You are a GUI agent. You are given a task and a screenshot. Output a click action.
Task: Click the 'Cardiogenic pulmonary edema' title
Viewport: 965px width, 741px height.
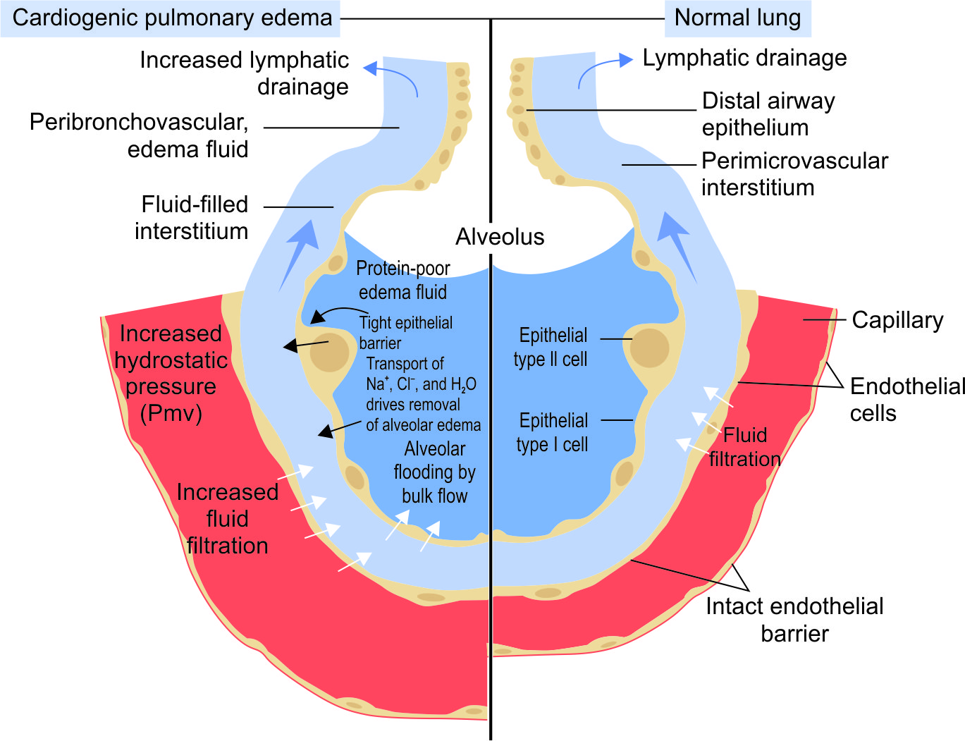(172, 18)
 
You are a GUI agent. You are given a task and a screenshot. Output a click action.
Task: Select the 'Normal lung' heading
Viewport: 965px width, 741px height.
(737, 18)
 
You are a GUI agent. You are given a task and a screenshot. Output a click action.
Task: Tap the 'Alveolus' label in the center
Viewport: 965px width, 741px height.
(500, 237)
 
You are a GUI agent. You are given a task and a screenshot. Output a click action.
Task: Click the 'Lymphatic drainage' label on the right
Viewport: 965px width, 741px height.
(744, 58)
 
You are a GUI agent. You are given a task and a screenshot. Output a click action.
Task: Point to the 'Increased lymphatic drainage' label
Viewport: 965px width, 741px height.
(244, 73)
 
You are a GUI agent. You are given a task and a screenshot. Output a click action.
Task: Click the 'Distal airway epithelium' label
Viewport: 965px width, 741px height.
(768, 114)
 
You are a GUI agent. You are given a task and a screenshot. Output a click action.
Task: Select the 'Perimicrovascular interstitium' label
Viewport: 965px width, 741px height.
(794, 174)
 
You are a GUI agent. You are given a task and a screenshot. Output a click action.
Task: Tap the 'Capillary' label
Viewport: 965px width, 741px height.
(897, 320)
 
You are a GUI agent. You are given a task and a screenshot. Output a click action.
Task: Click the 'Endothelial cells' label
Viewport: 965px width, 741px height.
(906, 399)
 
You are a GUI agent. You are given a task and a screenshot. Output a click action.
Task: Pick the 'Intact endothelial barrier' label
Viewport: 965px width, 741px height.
(794, 620)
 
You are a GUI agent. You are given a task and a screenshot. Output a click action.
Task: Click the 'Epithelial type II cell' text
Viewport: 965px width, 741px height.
(551, 347)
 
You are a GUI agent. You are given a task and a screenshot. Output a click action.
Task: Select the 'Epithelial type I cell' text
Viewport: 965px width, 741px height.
(553, 432)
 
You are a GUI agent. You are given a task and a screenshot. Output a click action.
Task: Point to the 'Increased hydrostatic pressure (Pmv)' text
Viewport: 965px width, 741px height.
(171, 373)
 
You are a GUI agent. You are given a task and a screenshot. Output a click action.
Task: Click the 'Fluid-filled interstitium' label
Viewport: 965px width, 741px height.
(192, 218)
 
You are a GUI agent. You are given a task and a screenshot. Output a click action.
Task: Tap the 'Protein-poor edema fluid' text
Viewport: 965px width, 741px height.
(402, 280)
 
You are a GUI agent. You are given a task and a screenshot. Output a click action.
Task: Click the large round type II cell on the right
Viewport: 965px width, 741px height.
(649, 348)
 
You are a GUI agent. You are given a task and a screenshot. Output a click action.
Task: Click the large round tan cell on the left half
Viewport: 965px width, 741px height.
(329, 353)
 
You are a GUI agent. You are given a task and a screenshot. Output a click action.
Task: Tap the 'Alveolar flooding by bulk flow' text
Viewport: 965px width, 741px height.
(434, 472)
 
